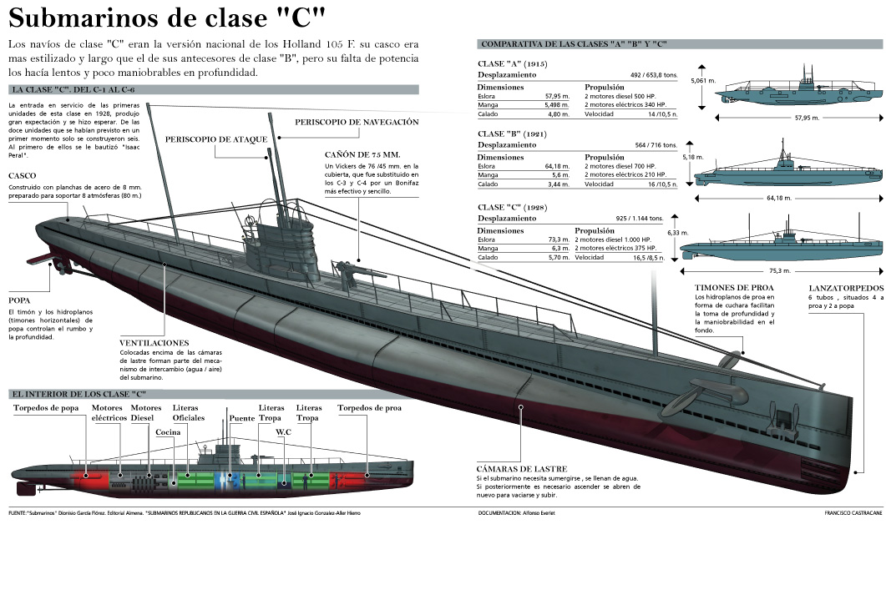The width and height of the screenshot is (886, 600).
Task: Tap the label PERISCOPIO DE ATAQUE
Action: [x=215, y=139]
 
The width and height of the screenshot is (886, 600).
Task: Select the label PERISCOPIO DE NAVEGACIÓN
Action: [x=357, y=122]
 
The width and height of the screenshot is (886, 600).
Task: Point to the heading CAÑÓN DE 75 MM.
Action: [x=362, y=154]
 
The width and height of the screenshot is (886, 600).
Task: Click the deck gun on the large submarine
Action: [x=348, y=270]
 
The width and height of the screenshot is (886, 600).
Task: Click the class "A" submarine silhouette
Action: [x=797, y=93]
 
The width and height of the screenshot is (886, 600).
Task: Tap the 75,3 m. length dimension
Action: [x=779, y=270]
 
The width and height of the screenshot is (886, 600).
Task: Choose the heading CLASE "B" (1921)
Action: [x=512, y=134]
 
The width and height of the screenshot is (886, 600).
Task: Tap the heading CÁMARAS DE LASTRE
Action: [x=521, y=469]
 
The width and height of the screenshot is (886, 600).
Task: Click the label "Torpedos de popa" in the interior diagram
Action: [x=46, y=408]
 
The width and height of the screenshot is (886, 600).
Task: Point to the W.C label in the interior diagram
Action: [x=284, y=432]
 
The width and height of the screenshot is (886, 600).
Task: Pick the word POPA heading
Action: [x=20, y=300]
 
